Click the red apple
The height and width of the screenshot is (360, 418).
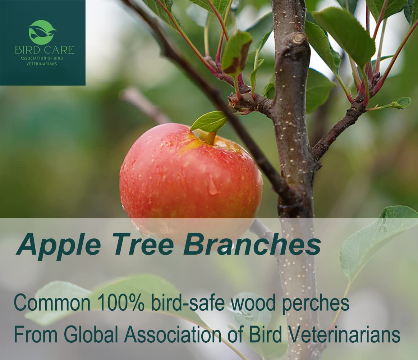191,181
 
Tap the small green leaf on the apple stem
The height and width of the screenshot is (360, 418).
209,121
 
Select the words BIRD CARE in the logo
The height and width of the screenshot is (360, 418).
44,50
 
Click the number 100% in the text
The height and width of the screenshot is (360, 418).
121,303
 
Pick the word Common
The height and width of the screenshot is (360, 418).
52,303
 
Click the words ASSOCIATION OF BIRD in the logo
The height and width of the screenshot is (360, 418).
43,58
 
